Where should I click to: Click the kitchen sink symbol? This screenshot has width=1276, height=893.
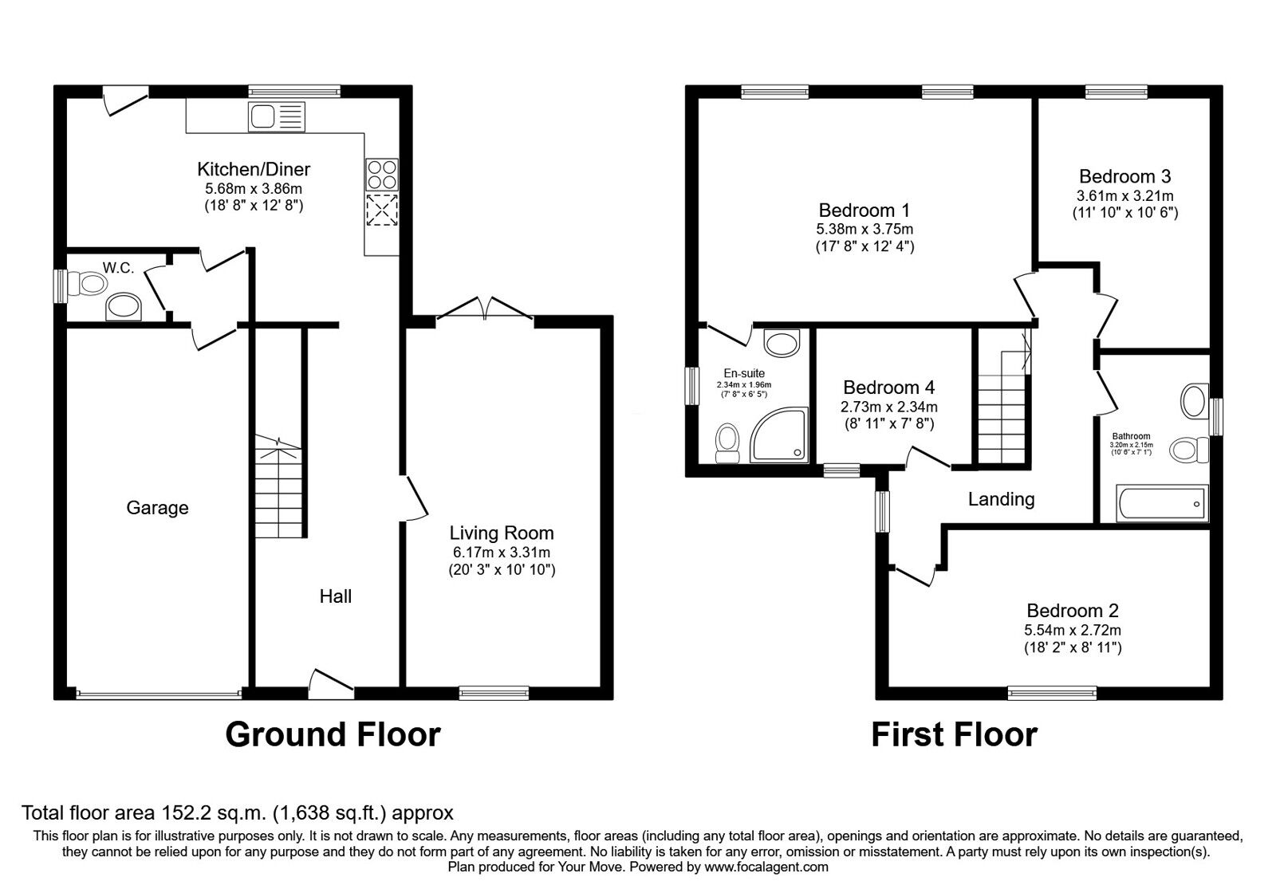pyautogui.click(x=276, y=116)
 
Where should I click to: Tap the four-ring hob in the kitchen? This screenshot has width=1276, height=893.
pyautogui.click(x=382, y=175)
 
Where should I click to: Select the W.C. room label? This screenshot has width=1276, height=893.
pyautogui.click(x=119, y=268)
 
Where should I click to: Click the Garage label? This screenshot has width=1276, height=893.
pyautogui.click(x=157, y=507)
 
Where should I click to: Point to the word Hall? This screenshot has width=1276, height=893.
pyautogui.click(x=336, y=596)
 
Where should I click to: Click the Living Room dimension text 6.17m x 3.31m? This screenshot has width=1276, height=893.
pyautogui.click(x=502, y=552)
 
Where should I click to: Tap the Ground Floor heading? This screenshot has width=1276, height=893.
pyautogui.click(x=333, y=734)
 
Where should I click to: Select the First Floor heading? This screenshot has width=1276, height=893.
pyautogui.click(x=954, y=734)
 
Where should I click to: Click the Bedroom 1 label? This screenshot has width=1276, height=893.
pyautogui.click(x=864, y=210)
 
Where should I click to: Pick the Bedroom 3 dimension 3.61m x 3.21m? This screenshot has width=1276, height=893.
pyautogui.click(x=1125, y=196)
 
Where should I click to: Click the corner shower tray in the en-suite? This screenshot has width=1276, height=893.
pyautogui.click(x=778, y=434)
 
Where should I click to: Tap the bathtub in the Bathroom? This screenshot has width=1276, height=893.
pyautogui.click(x=1162, y=503)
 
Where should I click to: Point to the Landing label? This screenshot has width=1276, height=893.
pyautogui.click(x=1002, y=499)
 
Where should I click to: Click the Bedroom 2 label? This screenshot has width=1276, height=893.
pyautogui.click(x=1073, y=611)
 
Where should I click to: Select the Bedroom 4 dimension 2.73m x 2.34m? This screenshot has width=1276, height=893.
pyautogui.click(x=889, y=407)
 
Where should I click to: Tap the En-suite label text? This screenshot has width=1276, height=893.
pyautogui.click(x=744, y=374)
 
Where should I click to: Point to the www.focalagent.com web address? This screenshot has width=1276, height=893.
pyautogui.click(x=766, y=867)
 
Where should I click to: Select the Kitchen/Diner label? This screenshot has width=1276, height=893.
pyautogui.click(x=254, y=169)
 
